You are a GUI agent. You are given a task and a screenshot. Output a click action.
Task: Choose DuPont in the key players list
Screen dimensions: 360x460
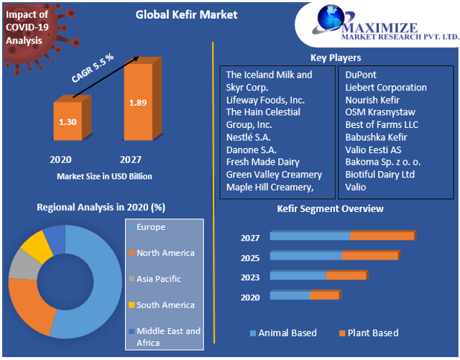pos(360,75)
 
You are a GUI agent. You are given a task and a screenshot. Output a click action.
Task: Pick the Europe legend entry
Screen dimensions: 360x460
pos(151,227)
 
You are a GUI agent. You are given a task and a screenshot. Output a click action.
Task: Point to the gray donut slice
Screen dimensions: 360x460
pos(19,266)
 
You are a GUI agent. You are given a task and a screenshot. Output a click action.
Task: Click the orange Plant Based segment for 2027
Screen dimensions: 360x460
pos(382,236)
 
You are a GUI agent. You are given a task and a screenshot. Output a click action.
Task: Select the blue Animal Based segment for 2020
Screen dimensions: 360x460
pos(290,295)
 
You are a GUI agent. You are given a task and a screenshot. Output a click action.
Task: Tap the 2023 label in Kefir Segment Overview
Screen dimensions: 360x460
pos(250,276)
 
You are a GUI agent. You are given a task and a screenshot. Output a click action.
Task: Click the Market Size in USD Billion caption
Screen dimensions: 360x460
pos(104,176)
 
